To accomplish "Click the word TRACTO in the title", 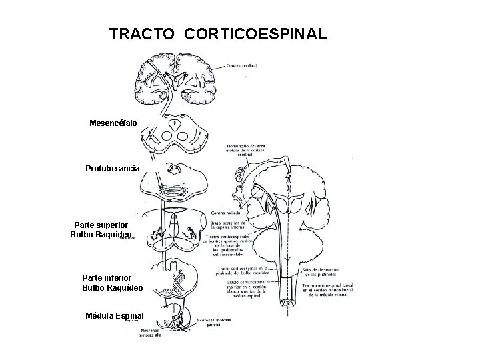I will point(139,33).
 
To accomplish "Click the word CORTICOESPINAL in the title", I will point(252,33).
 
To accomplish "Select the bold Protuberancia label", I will point(113,169).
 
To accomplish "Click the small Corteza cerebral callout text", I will point(241,65).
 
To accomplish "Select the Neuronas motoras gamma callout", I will point(215,323).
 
